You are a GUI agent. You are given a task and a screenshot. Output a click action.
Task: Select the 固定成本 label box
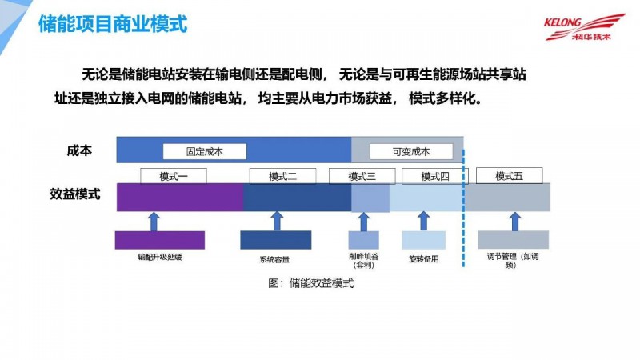pyautogui.click(x=205, y=151)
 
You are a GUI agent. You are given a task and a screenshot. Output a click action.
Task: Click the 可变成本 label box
pyautogui.click(x=411, y=151)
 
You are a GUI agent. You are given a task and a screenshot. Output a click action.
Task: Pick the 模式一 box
pyautogui.click(x=174, y=176)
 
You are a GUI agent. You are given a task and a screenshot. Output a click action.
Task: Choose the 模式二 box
pyautogui.click(x=283, y=176)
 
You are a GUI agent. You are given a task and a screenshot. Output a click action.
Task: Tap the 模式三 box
pyautogui.click(x=362, y=176)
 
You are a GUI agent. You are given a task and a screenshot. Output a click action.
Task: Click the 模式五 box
pyautogui.click(x=509, y=176)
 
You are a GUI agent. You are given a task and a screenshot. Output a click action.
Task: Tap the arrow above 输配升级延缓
pyautogui.click(x=154, y=220)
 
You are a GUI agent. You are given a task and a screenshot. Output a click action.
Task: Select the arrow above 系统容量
pyautogui.click(x=276, y=220)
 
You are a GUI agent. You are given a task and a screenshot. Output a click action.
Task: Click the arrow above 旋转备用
pyautogui.click(x=423, y=220)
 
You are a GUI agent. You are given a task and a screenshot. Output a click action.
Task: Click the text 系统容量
pyautogui.click(x=274, y=259)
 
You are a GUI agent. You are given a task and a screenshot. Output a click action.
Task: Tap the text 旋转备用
pyautogui.click(x=423, y=259)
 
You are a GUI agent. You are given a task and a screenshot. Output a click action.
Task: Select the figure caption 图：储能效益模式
pyautogui.click(x=311, y=284)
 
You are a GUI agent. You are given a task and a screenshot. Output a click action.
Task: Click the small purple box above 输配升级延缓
pyautogui.click(x=159, y=239)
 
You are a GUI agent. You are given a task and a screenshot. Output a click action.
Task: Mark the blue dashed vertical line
pyautogui.click(x=464, y=208)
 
